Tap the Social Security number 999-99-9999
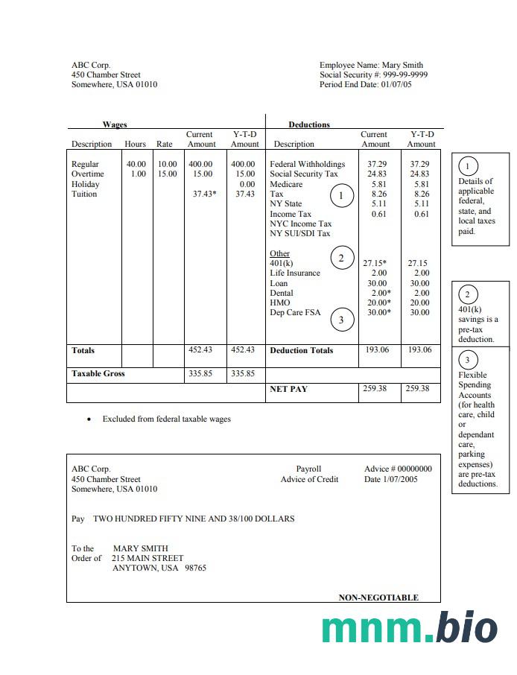point(405,75)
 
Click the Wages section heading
point(115,124)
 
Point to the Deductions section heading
point(309,124)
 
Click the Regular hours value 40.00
point(136,164)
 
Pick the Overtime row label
point(87,174)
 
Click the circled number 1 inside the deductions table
point(341,195)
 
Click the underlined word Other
point(279,254)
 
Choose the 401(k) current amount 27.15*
point(375,264)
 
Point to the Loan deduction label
point(279,284)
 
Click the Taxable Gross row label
point(98,374)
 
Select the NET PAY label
point(288,389)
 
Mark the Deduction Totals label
point(302,350)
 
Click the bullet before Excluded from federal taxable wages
point(89,419)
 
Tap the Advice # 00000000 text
point(398,469)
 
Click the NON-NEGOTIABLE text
point(378,598)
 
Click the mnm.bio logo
point(410,628)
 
